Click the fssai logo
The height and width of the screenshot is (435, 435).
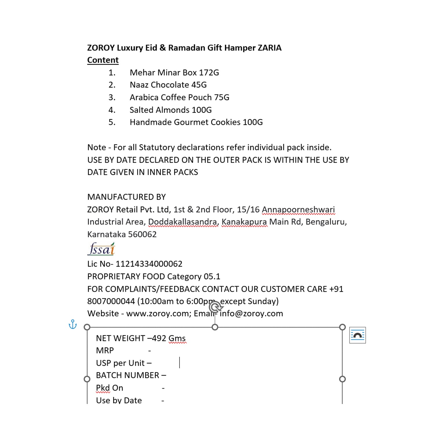101,249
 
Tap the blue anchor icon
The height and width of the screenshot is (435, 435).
72,324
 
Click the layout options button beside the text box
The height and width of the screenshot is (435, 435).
358,335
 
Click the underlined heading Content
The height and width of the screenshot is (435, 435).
103,60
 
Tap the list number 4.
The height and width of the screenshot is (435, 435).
112,110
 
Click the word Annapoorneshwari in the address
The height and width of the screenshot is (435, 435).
298,209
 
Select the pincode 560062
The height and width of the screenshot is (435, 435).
142,234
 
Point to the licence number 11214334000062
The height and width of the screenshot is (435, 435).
149,264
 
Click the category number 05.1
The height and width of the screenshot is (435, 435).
212,276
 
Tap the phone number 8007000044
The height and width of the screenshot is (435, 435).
111,301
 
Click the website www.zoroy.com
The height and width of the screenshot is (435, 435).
158,313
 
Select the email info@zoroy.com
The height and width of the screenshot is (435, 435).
251,313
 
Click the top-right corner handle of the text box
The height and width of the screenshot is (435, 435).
342,327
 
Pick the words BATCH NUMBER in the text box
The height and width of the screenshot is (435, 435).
128,375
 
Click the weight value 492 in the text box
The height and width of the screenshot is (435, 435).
159,338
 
